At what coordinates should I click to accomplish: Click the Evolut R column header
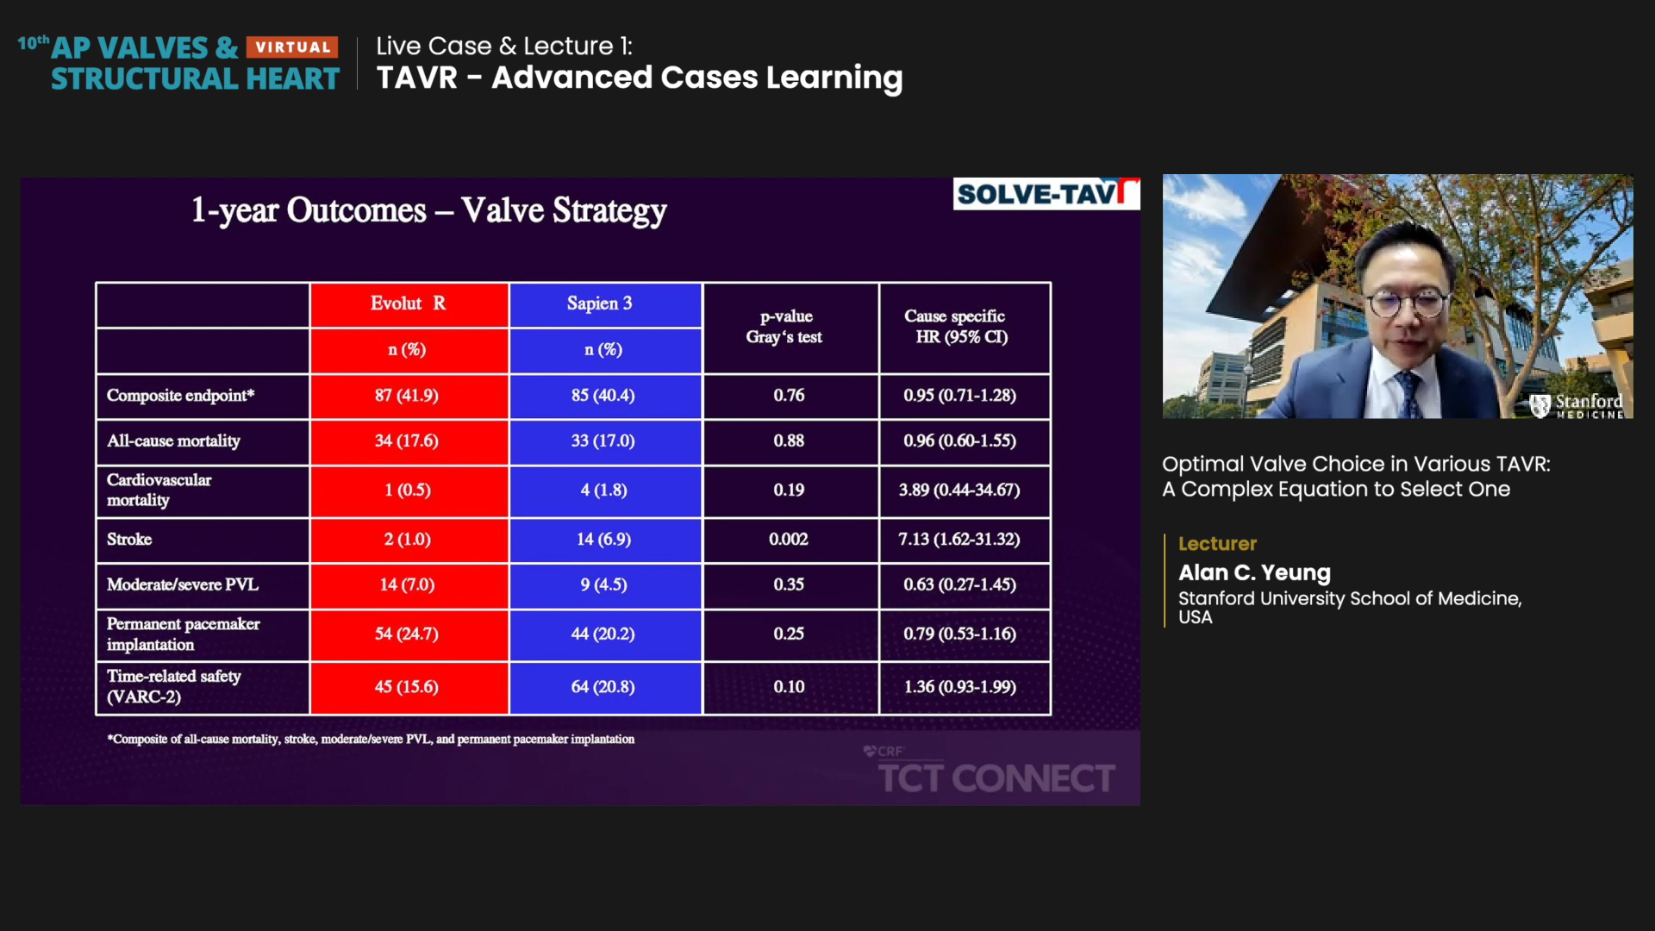click(408, 303)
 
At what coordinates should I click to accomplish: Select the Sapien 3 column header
click(599, 303)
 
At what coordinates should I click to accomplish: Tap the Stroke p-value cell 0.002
click(789, 540)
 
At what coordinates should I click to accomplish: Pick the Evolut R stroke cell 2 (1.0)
click(407, 540)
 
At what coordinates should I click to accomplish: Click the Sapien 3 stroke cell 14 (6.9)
click(603, 540)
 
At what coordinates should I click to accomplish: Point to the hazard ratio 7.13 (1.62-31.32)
click(959, 540)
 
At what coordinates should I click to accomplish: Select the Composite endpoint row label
click(180, 396)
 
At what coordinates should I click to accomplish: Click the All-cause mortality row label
click(173, 441)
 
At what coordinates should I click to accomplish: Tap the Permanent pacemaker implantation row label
click(183, 634)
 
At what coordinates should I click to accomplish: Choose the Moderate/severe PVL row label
click(182, 585)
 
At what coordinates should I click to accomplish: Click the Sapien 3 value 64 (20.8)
click(603, 687)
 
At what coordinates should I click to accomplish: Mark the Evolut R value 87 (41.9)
click(406, 396)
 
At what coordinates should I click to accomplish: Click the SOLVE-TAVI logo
click(1046, 194)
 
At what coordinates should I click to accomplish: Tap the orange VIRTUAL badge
click(292, 47)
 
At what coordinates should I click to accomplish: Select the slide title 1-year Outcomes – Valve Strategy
click(428, 210)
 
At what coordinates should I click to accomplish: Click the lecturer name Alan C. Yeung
click(1254, 573)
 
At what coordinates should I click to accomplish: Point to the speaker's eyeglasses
click(1406, 303)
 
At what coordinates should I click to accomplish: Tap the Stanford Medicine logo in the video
click(1576, 405)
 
